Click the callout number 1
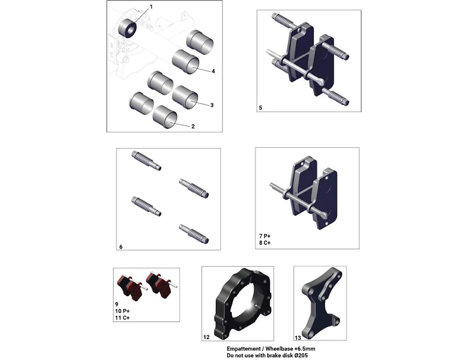click(151, 7)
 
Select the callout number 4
click(213, 71)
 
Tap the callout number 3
click(212, 105)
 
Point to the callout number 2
click(193, 126)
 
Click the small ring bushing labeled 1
click(128, 28)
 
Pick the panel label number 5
click(261, 108)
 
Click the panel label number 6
click(121, 247)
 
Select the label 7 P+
click(265, 236)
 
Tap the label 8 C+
click(265, 243)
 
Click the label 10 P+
click(123, 311)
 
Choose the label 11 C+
click(123, 318)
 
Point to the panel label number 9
click(116, 305)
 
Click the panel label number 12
click(206, 337)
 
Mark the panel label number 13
click(298, 338)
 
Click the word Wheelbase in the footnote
click(279, 349)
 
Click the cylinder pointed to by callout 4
click(185, 62)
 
